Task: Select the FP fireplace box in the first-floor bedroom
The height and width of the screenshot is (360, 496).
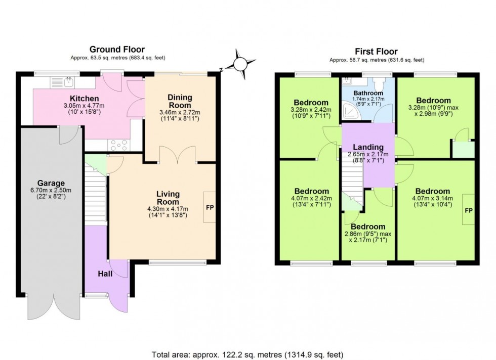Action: coord(469,210)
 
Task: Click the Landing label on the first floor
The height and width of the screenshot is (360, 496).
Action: coord(368,147)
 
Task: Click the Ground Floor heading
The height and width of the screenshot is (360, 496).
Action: coord(117,49)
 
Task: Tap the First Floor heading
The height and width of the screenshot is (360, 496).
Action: coord(377,51)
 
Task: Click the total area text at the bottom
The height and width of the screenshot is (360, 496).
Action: coord(248,354)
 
